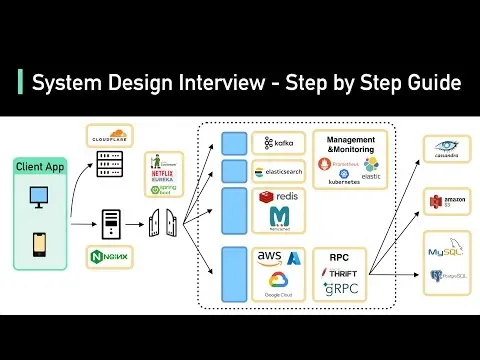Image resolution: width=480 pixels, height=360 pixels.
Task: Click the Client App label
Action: pos(41,166)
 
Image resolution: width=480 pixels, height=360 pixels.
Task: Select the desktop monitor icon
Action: pos(41,198)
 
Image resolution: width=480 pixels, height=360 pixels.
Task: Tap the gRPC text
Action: pos(342,290)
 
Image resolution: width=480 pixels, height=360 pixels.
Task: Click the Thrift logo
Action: pos(342,272)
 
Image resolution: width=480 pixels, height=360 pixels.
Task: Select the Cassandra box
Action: pos(446,151)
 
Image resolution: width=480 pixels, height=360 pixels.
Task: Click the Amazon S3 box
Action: pos(446,201)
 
